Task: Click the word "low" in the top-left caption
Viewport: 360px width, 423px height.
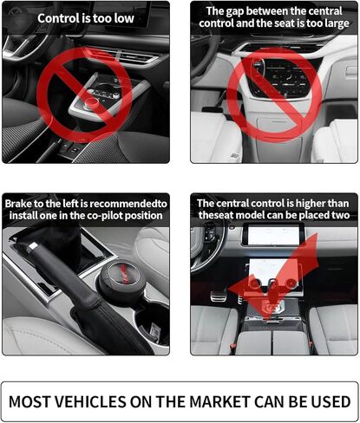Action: click(124, 18)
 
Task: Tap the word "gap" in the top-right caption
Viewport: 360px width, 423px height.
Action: click(234, 11)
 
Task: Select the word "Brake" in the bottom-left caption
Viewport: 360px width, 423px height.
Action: click(18, 204)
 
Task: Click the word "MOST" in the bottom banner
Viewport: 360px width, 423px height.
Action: click(29, 401)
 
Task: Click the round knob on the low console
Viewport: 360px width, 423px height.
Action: click(92, 102)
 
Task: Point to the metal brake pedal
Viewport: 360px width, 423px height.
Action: click(218, 296)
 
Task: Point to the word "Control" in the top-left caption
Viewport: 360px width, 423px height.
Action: click(59, 18)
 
